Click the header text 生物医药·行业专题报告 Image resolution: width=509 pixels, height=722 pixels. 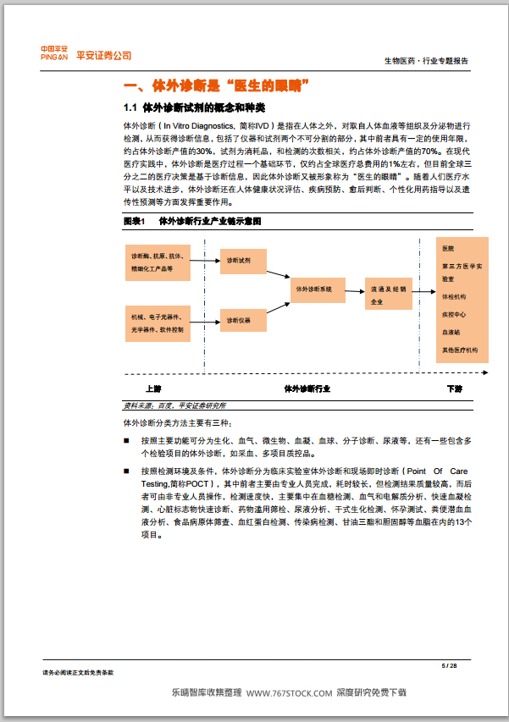(426, 61)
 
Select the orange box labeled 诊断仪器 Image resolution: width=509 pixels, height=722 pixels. (245, 320)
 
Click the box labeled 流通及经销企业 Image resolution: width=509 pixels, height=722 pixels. (389, 295)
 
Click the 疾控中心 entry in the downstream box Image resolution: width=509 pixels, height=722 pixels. (453, 314)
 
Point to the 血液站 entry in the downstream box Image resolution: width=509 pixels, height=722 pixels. (450, 332)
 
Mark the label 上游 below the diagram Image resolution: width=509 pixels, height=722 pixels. (152, 389)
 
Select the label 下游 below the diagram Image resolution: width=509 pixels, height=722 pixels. (455, 389)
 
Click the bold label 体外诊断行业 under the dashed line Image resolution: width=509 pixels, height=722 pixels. (307, 389)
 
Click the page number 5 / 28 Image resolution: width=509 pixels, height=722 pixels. (450, 666)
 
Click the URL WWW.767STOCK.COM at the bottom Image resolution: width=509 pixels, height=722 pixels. (289, 692)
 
